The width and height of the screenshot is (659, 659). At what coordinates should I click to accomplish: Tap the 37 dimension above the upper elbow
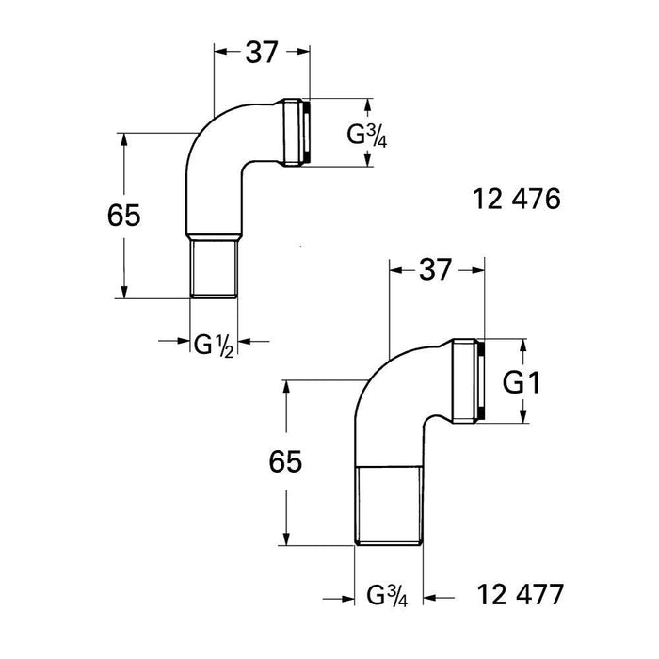coord(263,54)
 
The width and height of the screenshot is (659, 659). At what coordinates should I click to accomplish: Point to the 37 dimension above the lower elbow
coord(436,269)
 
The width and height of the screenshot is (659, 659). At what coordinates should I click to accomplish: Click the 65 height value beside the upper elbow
coord(123,216)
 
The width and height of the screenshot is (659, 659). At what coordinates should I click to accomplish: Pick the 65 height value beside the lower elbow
coord(283,462)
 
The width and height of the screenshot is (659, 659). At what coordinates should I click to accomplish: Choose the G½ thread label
coord(213,344)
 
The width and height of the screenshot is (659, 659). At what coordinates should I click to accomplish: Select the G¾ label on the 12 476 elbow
coord(367,133)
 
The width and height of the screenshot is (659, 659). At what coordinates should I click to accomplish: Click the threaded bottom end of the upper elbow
coord(215,269)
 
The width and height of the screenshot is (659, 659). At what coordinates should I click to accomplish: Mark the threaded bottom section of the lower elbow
coord(389,506)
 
